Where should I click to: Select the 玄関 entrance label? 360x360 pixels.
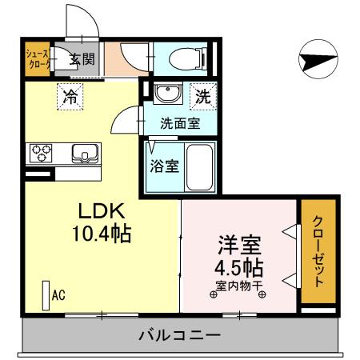coord(80,58)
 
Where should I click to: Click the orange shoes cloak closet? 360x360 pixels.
coord(38,58)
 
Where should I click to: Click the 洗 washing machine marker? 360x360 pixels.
coord(203,98)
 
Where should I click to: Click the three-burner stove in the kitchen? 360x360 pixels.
coord(42,151)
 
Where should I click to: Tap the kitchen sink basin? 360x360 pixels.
coord(82,151)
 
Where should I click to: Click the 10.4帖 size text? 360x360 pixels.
coord(101,234)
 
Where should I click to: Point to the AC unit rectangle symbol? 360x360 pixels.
coord(44,296)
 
